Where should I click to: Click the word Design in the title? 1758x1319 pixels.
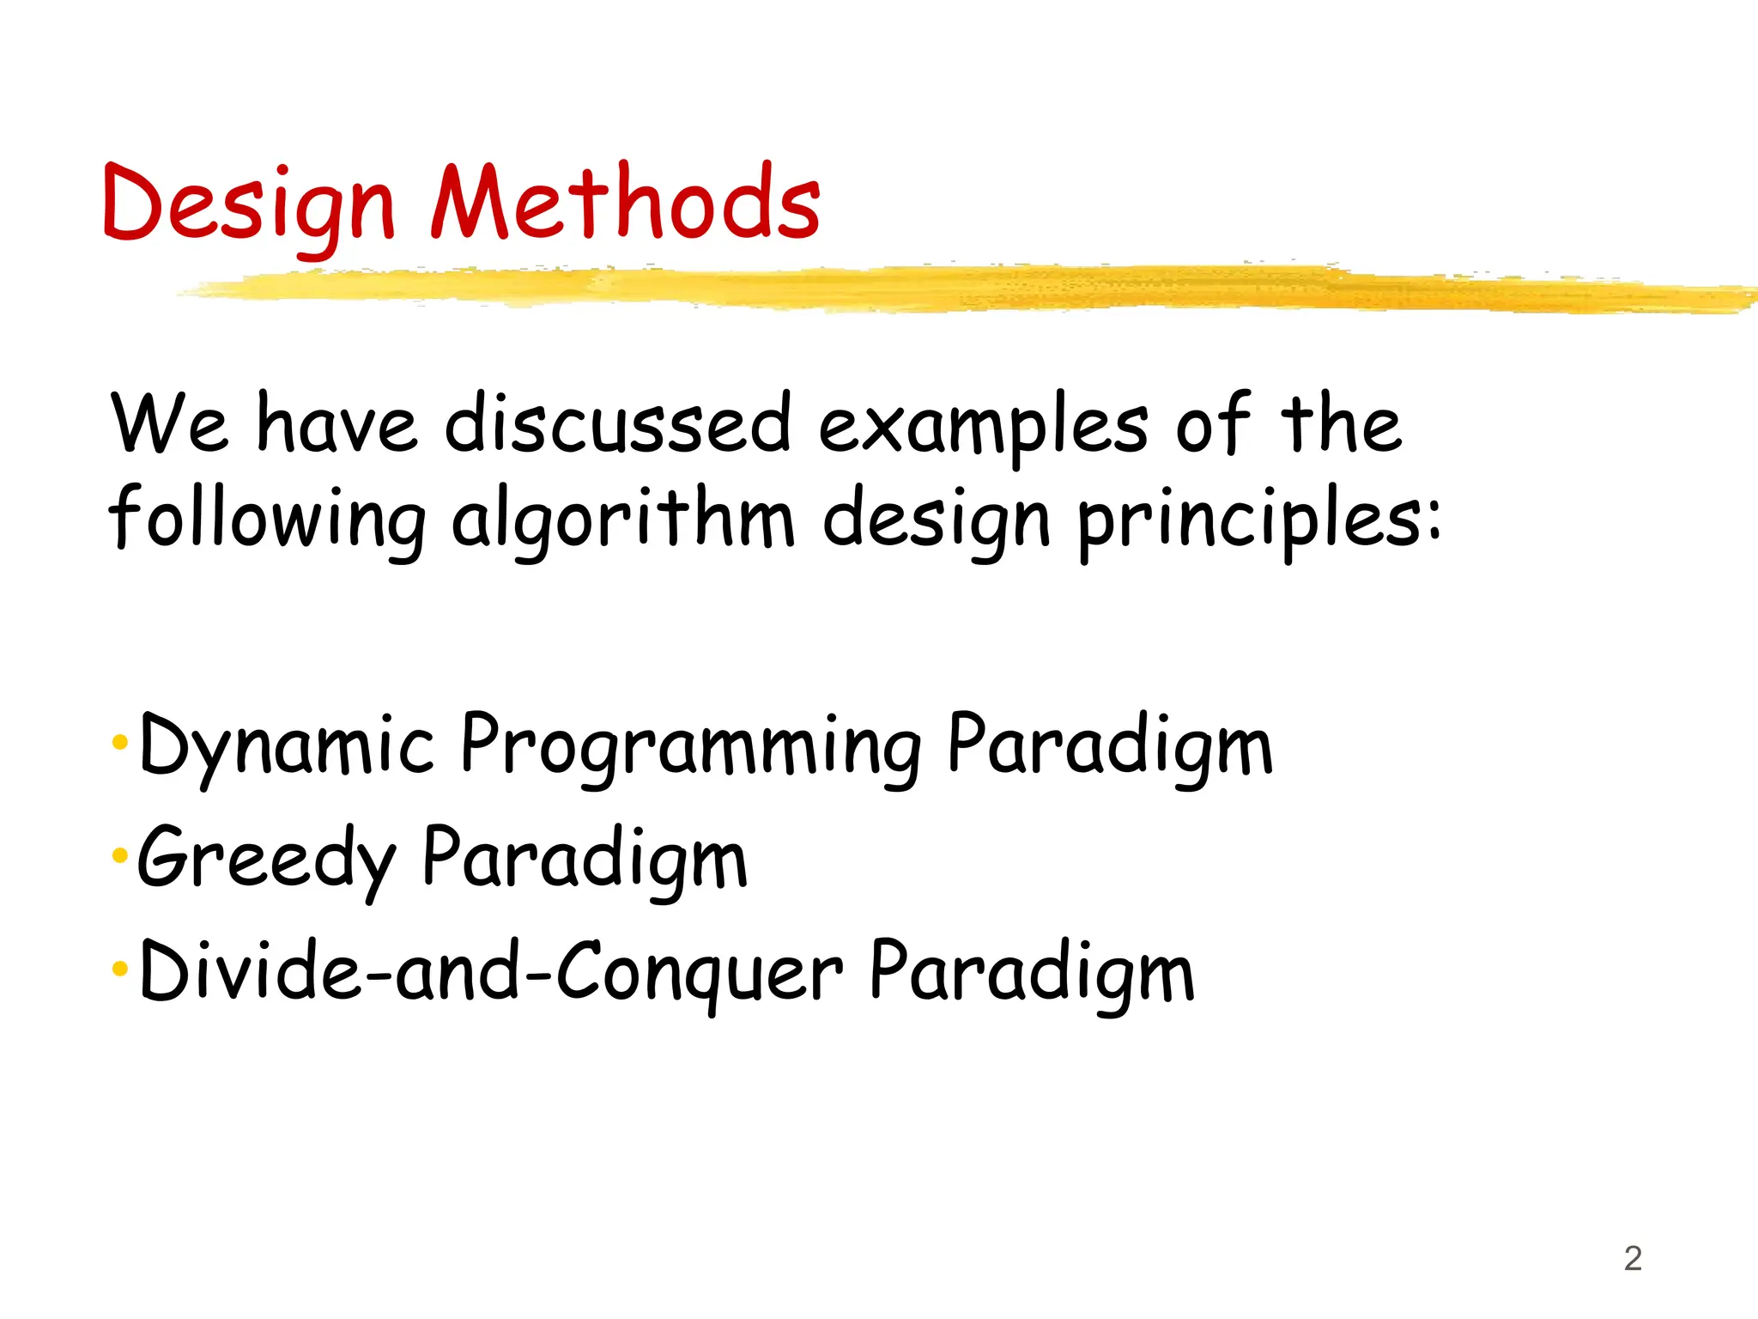248,204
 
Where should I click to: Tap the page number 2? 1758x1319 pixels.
1633,1259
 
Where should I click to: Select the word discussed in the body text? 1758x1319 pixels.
618,422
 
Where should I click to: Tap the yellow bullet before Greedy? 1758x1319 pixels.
119,855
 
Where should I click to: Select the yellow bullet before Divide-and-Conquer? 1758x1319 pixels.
119,969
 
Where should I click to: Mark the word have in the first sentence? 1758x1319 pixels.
337,422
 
